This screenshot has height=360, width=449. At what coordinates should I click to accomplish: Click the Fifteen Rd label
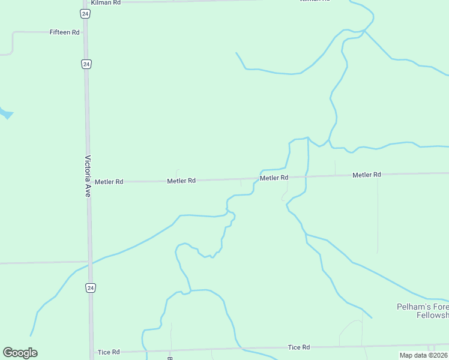[65, 32]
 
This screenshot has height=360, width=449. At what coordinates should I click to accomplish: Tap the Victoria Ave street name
[88, 177]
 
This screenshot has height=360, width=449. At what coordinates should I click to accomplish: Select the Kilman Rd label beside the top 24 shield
[106, 3]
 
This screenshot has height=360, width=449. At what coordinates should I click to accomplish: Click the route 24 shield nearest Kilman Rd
[86, 13]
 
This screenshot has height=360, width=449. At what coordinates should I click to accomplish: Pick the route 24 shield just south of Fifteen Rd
[86, 64]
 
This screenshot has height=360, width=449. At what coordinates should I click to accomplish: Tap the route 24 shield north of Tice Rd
[90, 288]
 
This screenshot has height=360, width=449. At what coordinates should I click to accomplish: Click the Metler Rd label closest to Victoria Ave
[109, 181]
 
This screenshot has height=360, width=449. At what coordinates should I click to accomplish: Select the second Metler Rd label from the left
[181, 181]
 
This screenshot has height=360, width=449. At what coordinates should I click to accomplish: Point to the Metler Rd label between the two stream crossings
[274, 178]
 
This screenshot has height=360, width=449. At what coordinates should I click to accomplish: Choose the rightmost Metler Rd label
[367, 175]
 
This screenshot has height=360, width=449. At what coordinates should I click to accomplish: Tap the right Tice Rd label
[298, 347]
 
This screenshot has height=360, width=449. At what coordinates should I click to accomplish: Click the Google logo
[20, 353]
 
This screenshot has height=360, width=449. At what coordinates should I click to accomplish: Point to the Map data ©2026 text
[424, 355]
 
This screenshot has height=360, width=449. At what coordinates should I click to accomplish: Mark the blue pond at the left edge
[5, 112]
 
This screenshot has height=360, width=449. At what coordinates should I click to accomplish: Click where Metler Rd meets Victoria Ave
[88, 181]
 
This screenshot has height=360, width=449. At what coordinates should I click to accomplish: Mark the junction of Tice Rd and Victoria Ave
[92, 352]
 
